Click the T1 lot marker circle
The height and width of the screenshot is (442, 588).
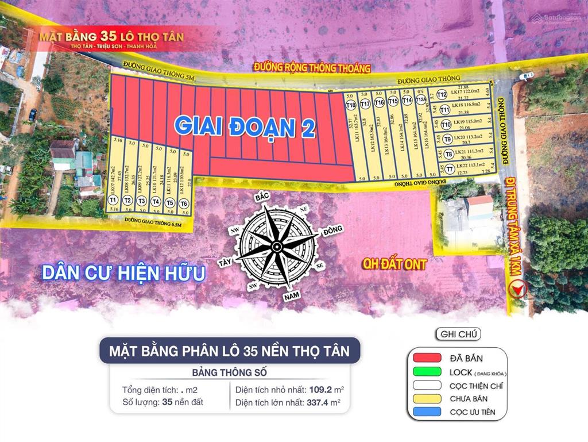113,200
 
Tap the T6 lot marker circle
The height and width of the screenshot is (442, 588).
184,203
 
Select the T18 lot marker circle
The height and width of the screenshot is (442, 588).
350,105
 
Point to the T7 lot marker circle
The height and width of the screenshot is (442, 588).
450,169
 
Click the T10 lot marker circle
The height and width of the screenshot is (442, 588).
446,124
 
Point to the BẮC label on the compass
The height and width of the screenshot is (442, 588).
262,197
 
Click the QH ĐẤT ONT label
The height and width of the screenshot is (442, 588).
394,264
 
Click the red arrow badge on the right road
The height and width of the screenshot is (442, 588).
520,289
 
